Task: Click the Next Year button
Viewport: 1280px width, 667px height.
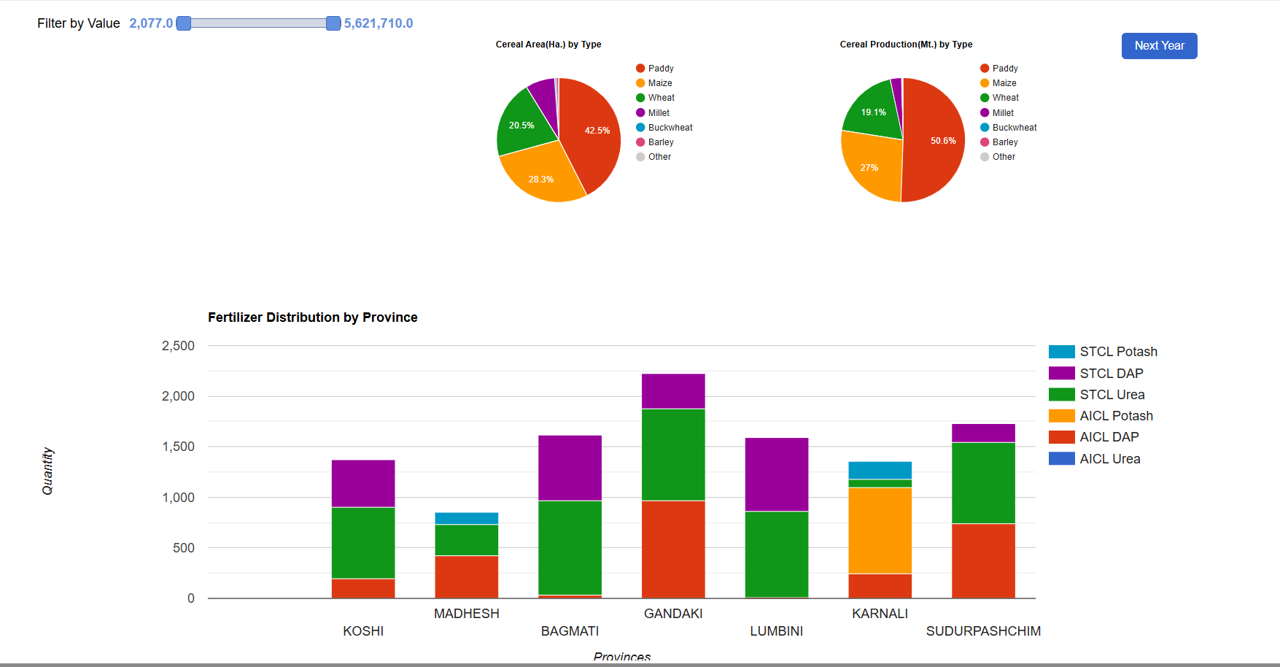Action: click(x=1159, y=46)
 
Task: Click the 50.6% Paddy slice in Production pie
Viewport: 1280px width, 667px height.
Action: click(x=937, y=142)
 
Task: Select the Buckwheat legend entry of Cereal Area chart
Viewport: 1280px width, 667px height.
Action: click(x=670, y=128)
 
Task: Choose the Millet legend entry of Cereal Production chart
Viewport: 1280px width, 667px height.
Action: click(x=1003, y=113)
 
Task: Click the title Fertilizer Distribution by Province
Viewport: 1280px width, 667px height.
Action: click(x=312, y=317)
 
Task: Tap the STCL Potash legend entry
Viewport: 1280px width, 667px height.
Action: click(x=1117, y=352)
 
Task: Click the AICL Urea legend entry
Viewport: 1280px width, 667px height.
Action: click(x=1109, y=459)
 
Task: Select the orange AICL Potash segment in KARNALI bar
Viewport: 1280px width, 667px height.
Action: click(x=880, y=531)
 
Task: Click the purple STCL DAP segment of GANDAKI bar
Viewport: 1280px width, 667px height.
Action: click(x=673, y=391)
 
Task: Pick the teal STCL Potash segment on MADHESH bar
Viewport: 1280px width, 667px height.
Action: click(x=466, y=518)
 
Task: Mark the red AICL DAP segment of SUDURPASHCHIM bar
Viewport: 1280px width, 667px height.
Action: click(x=983, y=560)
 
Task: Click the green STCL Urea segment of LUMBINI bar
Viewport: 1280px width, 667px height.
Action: click(x=776, y=554)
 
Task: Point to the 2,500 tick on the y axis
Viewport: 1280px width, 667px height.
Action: click(x=178, y=346)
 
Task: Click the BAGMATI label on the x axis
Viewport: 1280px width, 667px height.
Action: click(x=570, y=631)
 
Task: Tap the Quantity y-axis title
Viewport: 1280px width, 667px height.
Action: click(x=48, y=471)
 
